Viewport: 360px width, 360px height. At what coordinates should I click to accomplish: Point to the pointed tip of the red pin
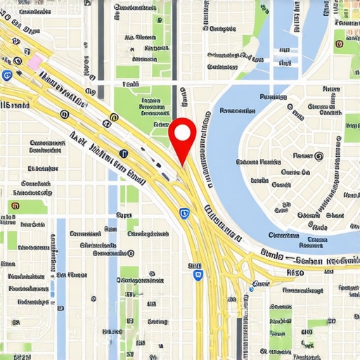click(x=182, y=166)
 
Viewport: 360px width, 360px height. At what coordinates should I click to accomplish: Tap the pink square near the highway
click(x=34, y=61)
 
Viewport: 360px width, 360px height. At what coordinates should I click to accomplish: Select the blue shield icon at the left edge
click(x=8, y=76)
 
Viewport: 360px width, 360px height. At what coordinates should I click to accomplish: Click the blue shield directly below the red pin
click(x=184, y=212)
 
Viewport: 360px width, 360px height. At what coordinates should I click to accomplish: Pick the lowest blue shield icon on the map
click(x=198, y=275)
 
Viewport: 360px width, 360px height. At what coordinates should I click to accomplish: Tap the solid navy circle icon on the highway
click(x=124, y=153)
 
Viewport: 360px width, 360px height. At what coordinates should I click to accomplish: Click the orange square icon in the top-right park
click(x=340, y=44)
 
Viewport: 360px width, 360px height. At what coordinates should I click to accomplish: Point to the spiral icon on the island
click(x=318, y=157)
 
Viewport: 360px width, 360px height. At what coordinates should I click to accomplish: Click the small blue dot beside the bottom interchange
click(x=252, y=288)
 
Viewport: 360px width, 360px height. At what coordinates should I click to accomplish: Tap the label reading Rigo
click(x=296, y=270)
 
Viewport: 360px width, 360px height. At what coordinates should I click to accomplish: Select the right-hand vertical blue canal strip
click(x=113, y=281)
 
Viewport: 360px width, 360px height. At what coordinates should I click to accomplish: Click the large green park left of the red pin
click(x=141, y=105)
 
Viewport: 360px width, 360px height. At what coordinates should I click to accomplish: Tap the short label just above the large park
click(x=131, y=84)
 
